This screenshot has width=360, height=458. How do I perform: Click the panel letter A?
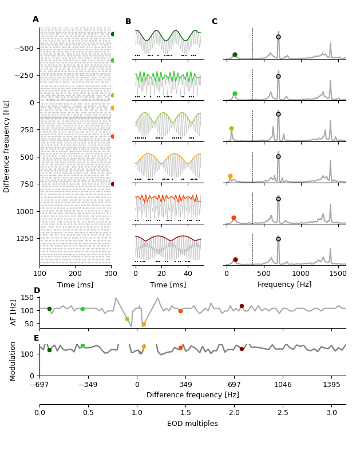pyautogui.click(x=35, y=19)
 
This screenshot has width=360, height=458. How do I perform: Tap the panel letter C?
pyautogui.click(x=214, y=22)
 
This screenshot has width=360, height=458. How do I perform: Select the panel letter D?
pyautogui.click(x=37, y=291)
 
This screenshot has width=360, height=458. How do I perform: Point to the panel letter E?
pyautogui.click(x=37, y=338)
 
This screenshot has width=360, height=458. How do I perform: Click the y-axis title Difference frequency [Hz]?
pyautogui.click(x=7, y=146)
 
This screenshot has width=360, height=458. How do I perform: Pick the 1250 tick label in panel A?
pyautogui.click(x=23, y=238)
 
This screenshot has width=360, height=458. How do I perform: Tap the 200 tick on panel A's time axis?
pyautogui.click(x=76, y=274)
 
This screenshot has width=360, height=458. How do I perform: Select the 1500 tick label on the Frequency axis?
pyautogui.click(x=338, y=274)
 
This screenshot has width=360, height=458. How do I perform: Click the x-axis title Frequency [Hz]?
pyautogui.click(x=284, y=285)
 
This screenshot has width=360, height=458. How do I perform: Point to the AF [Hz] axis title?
pyautogui.click(x=14, y=312)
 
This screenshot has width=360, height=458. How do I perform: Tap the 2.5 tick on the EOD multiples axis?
pyautogui.click(x=283, y=413)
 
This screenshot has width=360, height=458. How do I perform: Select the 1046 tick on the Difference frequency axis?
pyautogui.click(x=283, y=385)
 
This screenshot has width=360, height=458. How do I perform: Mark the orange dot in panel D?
pyautogui.click(x=144, y=325)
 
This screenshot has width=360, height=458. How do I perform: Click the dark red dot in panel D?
pyautogui.click(x=242, y=306)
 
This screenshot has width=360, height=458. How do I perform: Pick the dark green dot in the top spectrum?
pyautogui.click(x=235, y=55)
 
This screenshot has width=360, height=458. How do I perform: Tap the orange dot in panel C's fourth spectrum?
pyautogui.click(x=230, y=176)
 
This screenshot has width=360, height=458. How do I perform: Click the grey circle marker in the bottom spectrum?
pyautogui.click(x=278, y=239)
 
